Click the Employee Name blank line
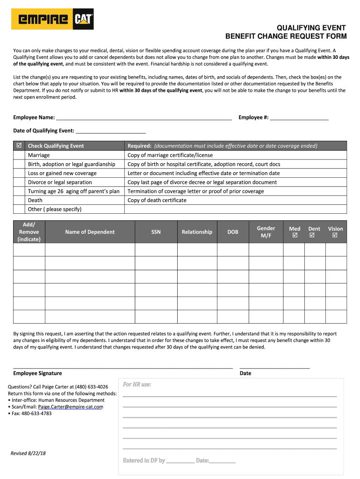point(144,117)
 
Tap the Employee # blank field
point(299,117)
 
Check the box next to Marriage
point(19,155)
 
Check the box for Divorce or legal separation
point(19,182)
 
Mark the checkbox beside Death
point(19,200)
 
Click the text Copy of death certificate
point(157,200)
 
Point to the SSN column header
point(156,232)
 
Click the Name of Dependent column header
point(90,232)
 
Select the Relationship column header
point(197,232)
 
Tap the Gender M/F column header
point(266,232)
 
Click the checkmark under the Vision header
point(335,236)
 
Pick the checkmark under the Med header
point(295,236)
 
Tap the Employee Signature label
point(37,373)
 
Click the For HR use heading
point(137,385)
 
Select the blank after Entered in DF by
point(180,461)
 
